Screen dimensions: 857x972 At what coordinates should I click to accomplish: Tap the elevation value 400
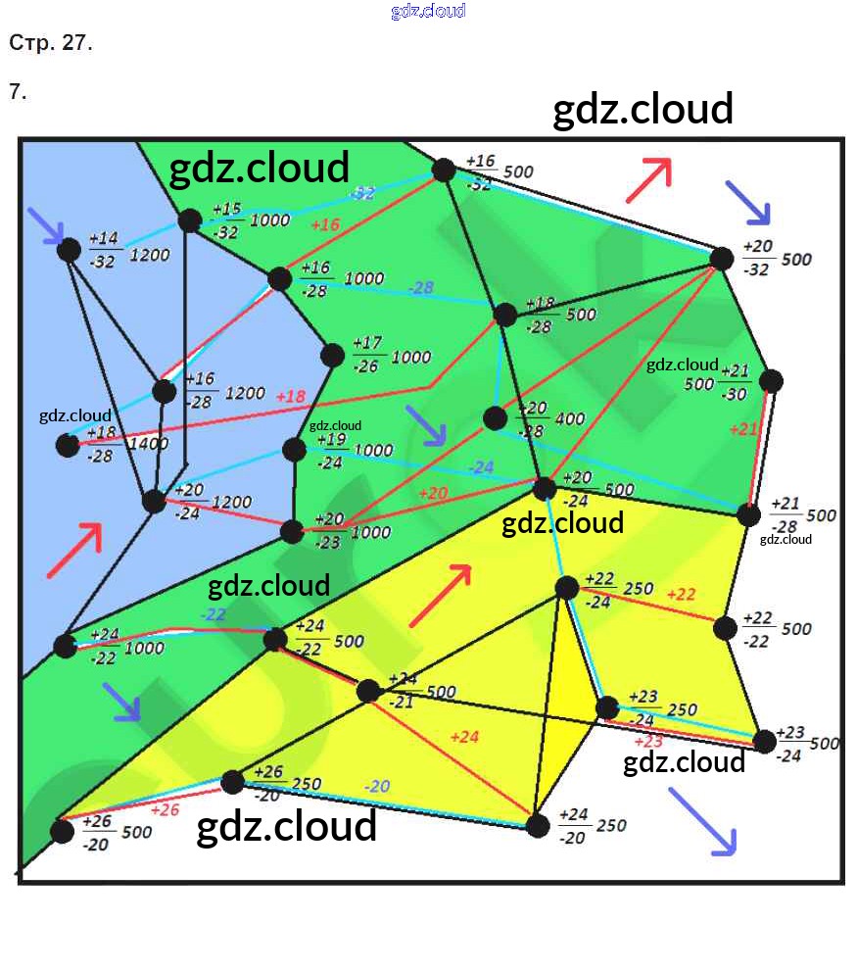569,418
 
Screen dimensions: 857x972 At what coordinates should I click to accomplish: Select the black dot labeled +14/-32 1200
69,249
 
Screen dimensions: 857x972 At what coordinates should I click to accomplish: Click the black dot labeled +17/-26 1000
333,355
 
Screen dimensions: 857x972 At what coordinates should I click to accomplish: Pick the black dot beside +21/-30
771,381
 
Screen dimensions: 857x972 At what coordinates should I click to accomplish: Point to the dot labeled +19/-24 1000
294,449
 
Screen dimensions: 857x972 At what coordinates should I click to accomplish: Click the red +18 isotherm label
291,397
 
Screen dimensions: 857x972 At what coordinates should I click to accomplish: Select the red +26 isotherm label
165,810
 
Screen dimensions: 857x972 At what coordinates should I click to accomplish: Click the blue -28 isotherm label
421,287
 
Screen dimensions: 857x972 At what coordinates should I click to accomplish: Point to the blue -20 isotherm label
377,786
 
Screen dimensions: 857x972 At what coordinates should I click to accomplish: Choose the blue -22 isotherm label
214,614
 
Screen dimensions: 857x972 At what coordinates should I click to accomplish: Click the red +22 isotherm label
681,594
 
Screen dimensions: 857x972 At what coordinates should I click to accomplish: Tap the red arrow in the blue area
73,550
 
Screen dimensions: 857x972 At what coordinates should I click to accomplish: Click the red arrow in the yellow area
442,594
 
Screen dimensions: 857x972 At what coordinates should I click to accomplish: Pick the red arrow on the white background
648,179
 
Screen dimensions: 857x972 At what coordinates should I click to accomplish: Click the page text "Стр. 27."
51,43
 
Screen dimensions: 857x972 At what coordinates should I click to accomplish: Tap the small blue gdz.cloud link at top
428,11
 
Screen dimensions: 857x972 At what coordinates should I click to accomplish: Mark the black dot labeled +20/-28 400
496,418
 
